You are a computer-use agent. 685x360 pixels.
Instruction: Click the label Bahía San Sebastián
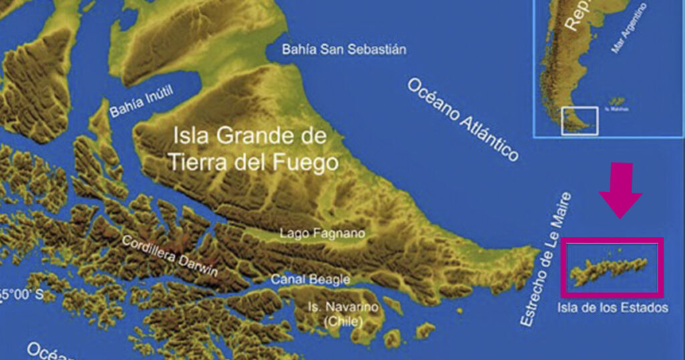coord(344,50)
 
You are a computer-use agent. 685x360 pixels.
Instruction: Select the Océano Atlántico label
coord(462,120)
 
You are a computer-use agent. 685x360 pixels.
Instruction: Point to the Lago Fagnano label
coord(322,234)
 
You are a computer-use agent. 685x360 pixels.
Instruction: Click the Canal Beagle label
coord(310,279)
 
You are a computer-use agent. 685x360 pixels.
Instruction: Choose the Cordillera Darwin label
coord(170,254)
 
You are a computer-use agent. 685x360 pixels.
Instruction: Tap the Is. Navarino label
coord(342,307)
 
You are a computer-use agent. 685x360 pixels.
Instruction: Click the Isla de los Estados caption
coord(612,308)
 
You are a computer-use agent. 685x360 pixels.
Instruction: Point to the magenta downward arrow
coord(620,191)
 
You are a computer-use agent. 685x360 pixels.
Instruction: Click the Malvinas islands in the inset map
coord(616,102)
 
